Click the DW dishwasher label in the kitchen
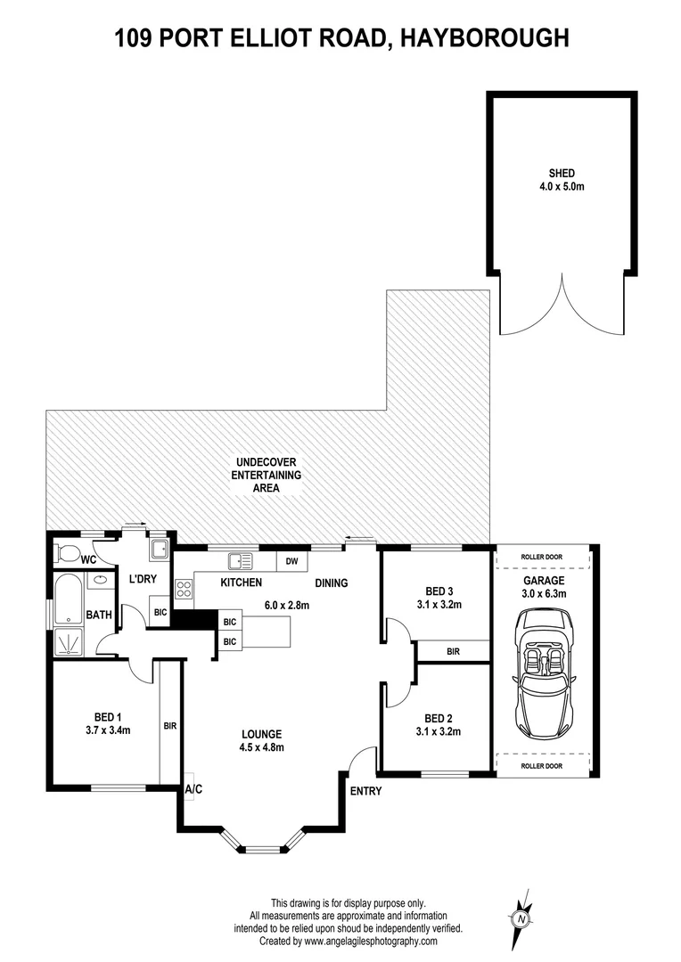click(290, 561)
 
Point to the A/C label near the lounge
click(193, 789)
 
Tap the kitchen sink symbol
click(241, 561)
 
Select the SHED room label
click(562, 174)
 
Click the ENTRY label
click(365, 791)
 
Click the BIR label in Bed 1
click(170, 726)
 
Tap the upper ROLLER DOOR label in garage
click(543, 558)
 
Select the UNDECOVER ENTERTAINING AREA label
click(267, 475)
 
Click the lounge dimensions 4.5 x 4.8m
click(263, 747)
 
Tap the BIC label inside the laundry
click(160, 613)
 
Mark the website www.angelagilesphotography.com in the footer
click(371, 941)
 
